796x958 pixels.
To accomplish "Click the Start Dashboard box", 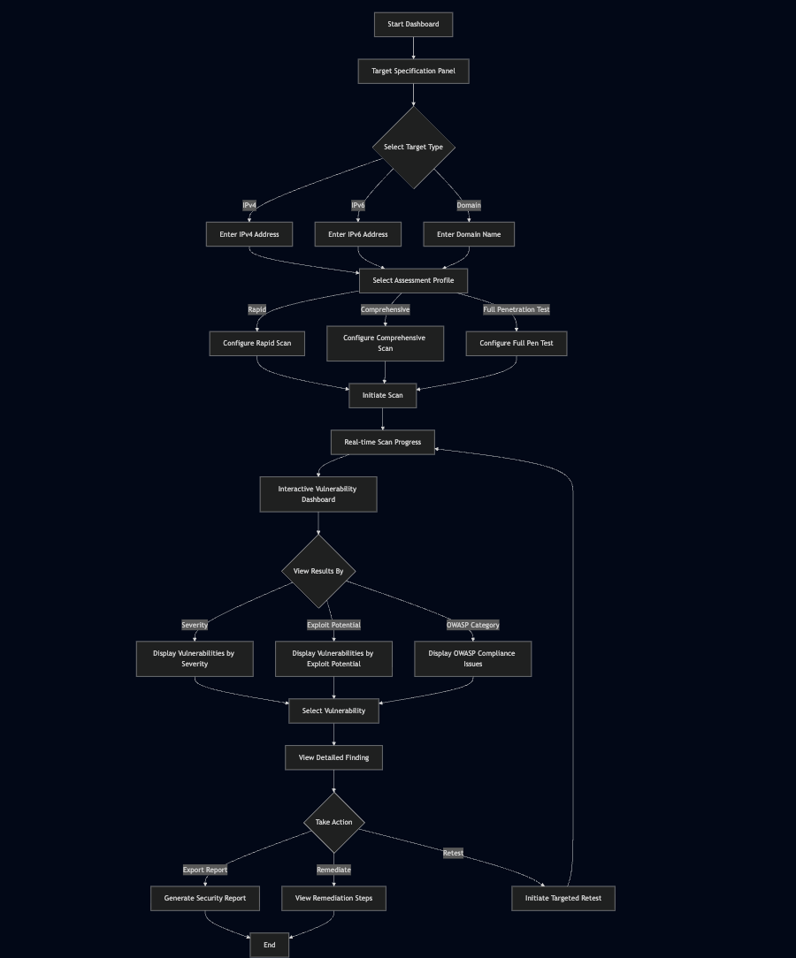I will pyautogui.click(x=413, y=25).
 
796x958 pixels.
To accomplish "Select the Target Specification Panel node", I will pyautogui.click(x=413, y=72).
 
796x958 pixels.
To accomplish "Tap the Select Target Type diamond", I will pyautogui.click(x=413, y=148).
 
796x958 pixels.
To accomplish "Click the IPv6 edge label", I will pyautogui.click(x=358, y=206).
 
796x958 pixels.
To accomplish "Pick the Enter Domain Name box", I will pyautogui.click(x=469, y=235).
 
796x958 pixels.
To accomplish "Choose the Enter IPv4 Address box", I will pyautogui.click(x=249, y=235).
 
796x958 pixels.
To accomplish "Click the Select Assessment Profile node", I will pyautogui.click(x=413, y=281).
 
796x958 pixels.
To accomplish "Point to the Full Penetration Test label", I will pyautogui.click(x=517, y=310).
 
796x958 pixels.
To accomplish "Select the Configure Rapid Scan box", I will pyautogui.click(x=256, y=344).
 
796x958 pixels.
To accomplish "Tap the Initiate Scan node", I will pyautogui.click(x=382, y=396).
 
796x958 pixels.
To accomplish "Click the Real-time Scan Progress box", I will pyautogui.click(x=382, y=443).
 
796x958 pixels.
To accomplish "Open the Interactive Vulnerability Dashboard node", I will pyautogui.click(x=318, y=495).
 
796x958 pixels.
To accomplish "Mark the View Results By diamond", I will pyautogui.click(x=318, y=572).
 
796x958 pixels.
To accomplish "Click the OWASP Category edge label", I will pyautogui.click(x=472, y=626).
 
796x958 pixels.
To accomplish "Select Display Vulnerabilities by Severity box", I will pyautogui.click(x=194, y=659).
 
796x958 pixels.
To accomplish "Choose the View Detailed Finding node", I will pyautogui.click(x=333, y=758).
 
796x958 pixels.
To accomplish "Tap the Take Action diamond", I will pyautogui.click(x=333, y=823).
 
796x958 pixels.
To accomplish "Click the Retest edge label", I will pyautogui.click(x=453, y=854).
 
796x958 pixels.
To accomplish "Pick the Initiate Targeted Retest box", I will pyautogui.click(x=563, y=899).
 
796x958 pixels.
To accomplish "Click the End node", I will pyautogui.click(x=269, y=946).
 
